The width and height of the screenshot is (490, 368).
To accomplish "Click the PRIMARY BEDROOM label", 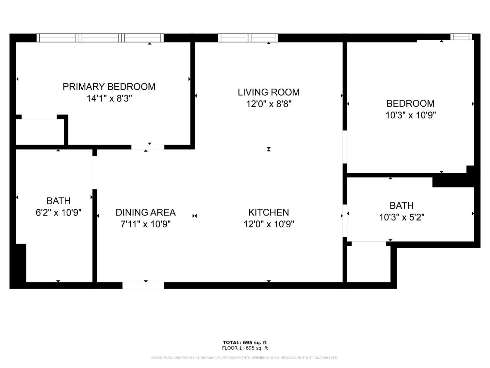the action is (x=109, y=87).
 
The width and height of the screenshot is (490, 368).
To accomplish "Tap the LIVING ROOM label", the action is (x=269, y=92).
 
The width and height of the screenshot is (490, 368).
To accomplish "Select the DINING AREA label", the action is (x=146, y=212).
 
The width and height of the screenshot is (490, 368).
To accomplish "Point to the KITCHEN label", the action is (x=269, y=212).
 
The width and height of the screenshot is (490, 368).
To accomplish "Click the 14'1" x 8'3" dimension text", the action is (x=109, y=98).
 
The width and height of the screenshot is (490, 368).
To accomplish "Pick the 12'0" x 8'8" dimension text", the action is (x=269, y=104).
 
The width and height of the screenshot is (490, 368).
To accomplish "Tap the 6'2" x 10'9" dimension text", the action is (x=58, y=213).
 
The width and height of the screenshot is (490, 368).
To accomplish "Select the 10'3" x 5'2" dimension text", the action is (x=401, y=217).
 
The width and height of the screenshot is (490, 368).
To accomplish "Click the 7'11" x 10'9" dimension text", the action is (x=146, y=224).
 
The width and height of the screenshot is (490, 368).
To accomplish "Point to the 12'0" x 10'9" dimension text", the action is (x=269, y=224).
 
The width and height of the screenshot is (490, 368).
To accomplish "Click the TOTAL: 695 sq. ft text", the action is (x=245, y=342).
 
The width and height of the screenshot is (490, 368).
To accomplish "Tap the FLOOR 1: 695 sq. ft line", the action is (x=245, y=348).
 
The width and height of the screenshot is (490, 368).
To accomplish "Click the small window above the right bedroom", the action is (x=461, y=37).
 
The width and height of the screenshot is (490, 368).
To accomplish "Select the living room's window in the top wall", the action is (x=248, y=38).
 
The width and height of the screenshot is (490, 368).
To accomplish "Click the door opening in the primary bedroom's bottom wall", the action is (x=148, y=147).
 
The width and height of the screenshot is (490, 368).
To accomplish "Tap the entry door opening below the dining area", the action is (x=143, y=286).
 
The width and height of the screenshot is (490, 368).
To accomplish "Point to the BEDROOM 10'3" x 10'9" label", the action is (x=411, y=109).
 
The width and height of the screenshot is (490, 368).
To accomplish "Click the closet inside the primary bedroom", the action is (x=40, y=132).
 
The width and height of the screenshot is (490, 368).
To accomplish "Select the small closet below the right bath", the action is (x=368, y=264).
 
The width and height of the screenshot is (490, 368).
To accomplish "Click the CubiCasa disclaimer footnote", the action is (x=245, y=358).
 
